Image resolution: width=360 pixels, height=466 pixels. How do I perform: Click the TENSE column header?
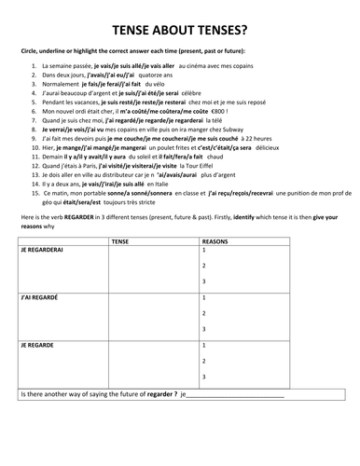pyautogui.click(x=119, y=240)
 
